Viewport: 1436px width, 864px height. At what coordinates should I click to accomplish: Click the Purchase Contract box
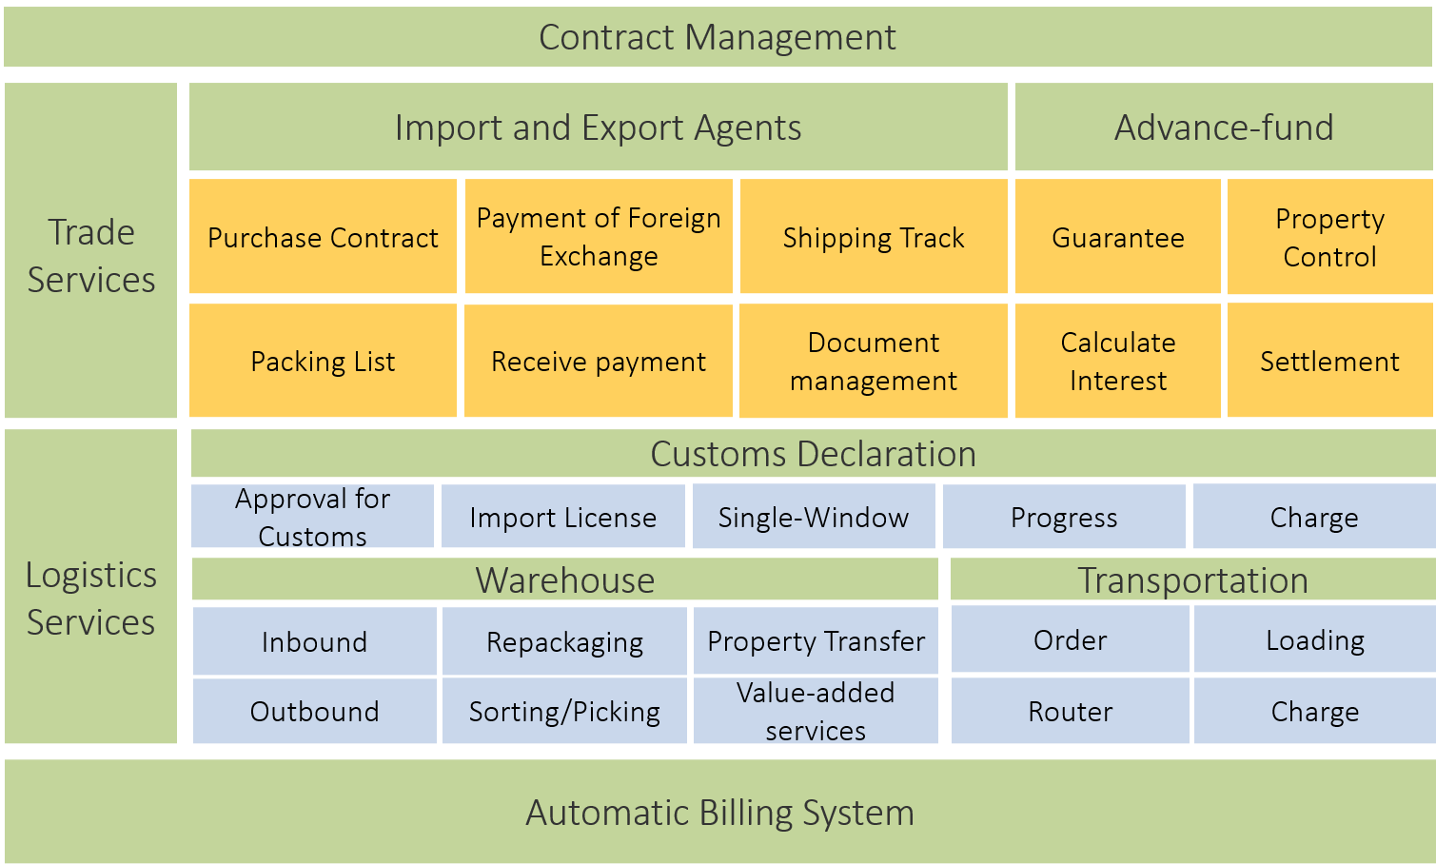[x=323, y=237]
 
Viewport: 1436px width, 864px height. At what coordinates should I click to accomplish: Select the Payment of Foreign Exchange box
[x=599, y=237]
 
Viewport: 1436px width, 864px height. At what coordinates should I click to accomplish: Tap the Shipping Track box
[x=874, y=237]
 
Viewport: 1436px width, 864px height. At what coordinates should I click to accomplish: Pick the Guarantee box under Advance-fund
[x=1118, y=237]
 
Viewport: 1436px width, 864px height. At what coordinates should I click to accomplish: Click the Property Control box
[x=1329, y=237]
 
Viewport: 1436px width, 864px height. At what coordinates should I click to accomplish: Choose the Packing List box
[x=323, y=361]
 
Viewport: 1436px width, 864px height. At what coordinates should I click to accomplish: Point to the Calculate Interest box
[x=1118, y=361]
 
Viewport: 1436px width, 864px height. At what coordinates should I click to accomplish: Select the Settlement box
[x=1329, y=361]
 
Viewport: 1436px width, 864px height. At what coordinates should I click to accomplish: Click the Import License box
[x=562, y=517]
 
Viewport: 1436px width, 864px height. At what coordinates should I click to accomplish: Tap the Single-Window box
[x=814, y=517]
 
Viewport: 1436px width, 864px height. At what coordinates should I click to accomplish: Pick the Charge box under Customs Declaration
[x=1313, y=517]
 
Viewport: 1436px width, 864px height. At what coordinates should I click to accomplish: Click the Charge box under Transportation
[x=1314, y=711]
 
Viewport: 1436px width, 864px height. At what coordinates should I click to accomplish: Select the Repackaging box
[x=564, y=641]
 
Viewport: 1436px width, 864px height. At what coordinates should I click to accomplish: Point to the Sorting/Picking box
[x=564, y=711]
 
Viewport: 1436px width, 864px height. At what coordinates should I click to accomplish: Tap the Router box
[x=1071, y=711]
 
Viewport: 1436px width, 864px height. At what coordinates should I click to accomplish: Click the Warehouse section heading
[x=565, y=579]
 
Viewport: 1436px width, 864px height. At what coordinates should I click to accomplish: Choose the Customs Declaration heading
[x=813, y=454]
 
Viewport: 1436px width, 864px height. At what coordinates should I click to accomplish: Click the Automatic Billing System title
[x=719, y=813]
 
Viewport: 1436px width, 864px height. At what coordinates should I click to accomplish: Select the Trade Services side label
[x=91, y=255]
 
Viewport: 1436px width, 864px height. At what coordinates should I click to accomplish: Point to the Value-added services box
[x=816, y=711]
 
